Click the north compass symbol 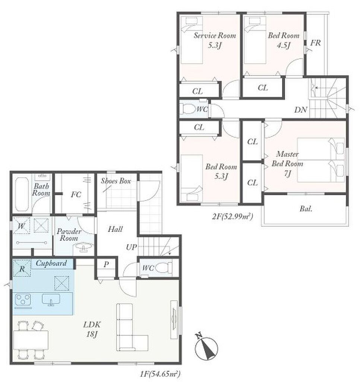(206, 347)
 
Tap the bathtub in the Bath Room (22, 194)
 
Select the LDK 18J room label (92, 329)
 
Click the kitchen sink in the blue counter (51, 299)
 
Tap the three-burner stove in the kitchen (23, 300)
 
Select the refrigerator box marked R (22, 268)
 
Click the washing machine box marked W (21, 226)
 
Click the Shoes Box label (116, 181)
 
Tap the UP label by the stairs (132, 247)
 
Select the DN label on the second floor (301, 110)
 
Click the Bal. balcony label (306, 209)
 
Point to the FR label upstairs (316, 43)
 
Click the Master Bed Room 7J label (287, 164)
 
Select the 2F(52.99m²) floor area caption (233, 216)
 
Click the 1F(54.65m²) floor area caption (160, 374)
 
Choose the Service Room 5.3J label (215, 40)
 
